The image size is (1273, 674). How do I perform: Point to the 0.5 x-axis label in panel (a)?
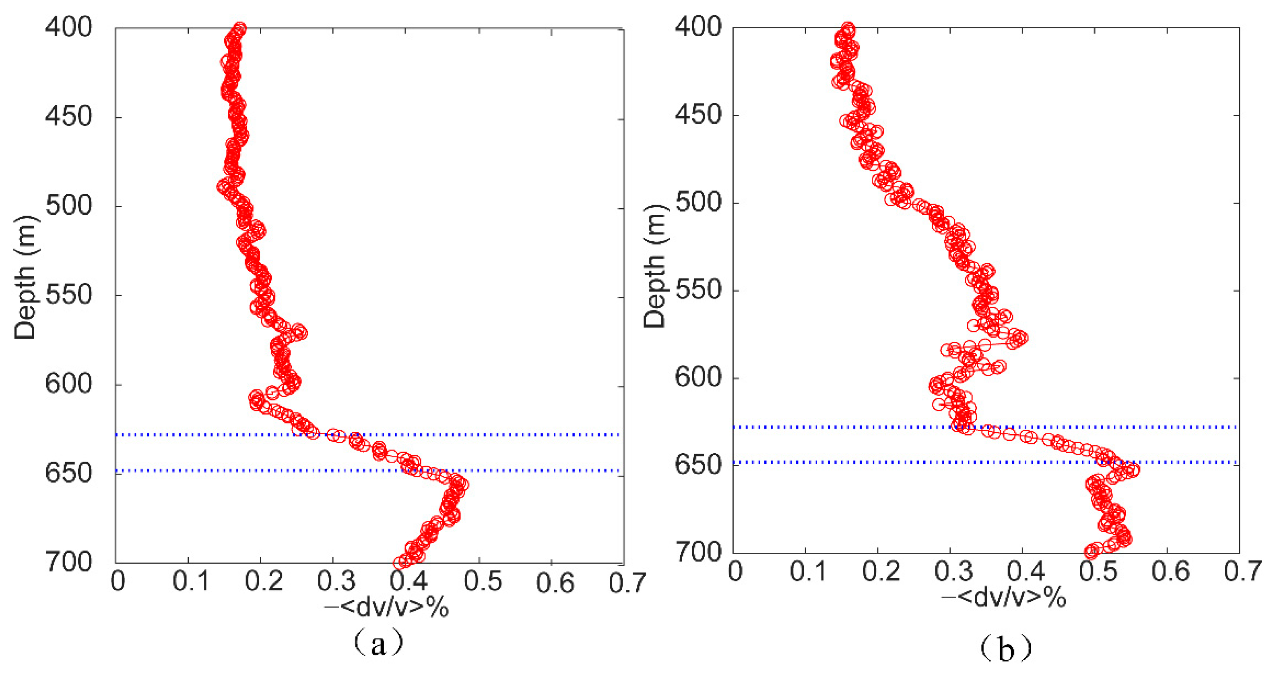click(x=483, y=582)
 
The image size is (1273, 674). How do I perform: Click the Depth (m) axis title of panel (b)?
click(x=655, y=265)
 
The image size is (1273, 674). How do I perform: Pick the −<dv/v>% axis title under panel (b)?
click(x=1003, y=598)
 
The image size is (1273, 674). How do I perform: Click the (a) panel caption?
click(x=378, y=643)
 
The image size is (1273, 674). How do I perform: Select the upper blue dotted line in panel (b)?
click(x=1087, y=426)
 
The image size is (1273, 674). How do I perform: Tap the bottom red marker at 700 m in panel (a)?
click(x=399, y=563)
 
